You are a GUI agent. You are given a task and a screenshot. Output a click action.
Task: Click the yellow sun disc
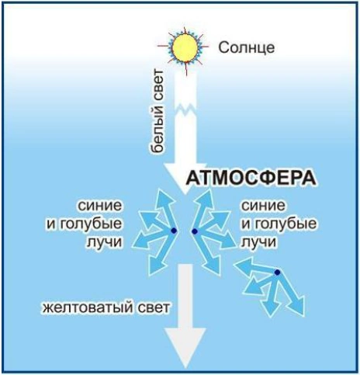[x=185, y=47]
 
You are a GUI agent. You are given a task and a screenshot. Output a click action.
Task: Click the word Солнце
[x=247, y=47]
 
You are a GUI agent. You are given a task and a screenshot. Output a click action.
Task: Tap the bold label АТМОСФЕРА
[x=251, y=178]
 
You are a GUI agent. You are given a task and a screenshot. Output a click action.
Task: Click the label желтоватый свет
[x=106, y=307]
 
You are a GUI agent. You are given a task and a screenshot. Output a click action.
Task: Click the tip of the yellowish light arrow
[x=185, y=368]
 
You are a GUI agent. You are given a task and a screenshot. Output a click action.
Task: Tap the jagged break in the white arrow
[x=185, y=109]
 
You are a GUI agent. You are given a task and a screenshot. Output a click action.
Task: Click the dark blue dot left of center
[x=174, y=231]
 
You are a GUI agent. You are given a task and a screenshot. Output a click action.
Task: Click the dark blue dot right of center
[x=195, y=231]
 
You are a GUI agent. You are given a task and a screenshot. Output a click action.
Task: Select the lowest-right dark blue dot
[x=277, y=273]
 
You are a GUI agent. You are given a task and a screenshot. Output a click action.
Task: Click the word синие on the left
[x=100, y=206]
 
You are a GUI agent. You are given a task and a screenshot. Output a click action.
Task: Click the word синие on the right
[x=263, y=206]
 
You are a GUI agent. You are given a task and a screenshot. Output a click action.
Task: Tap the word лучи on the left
[x=103, y=242]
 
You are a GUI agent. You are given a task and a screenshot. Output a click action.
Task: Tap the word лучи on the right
[x=258, y=242]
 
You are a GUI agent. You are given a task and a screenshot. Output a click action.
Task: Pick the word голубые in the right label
[x=285, y=224]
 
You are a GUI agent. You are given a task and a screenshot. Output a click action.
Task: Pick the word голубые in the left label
[x=90, y=224]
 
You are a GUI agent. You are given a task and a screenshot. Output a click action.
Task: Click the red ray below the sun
[x=186, y=69]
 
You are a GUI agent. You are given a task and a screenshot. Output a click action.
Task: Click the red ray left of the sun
[x=164, y=46]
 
